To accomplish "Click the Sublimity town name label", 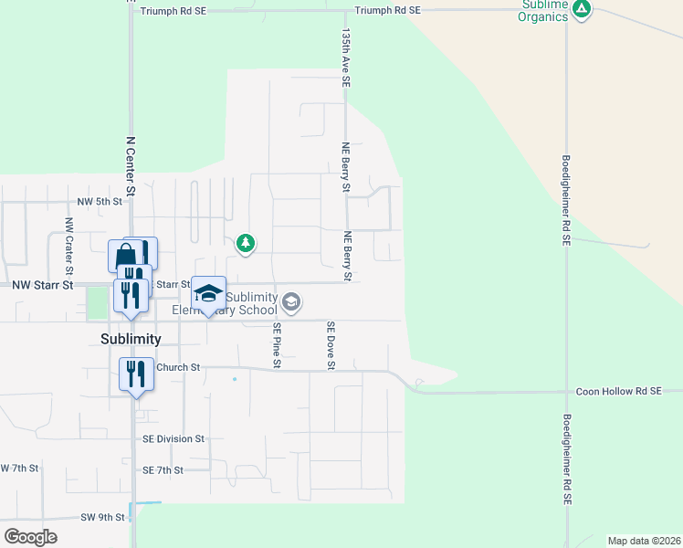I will click(x=131, y=339).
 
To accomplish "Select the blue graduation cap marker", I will click(x=209, y=293).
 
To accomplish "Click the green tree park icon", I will click(x=245, y=243).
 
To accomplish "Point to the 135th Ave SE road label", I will click(x=346, y=56).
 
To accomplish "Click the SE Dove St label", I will click(x=331, y=346).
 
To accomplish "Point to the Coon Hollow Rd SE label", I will click(x=618, y=391).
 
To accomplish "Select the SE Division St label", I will click(x=173, y=438).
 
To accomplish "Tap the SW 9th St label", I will click(x=102, y=517).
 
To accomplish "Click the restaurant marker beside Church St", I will click(x=136, y=373).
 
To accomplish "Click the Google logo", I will click(x=30, y=537).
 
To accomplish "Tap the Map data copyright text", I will click(x=644, y=541).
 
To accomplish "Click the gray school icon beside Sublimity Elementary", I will click(x=291, y=301).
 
